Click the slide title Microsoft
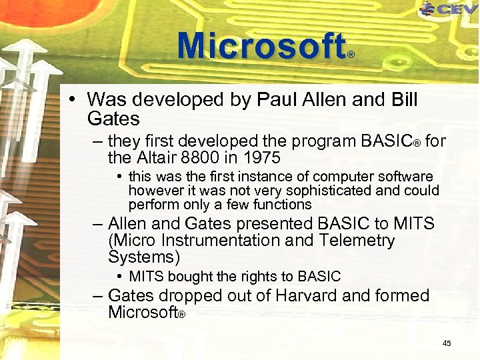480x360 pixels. tap(261, 47)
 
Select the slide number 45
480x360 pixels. tap(447, 343)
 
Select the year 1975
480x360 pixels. tap(261, 159)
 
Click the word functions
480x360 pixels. tap(279, 204)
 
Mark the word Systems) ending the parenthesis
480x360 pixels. tap(143, 257)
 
